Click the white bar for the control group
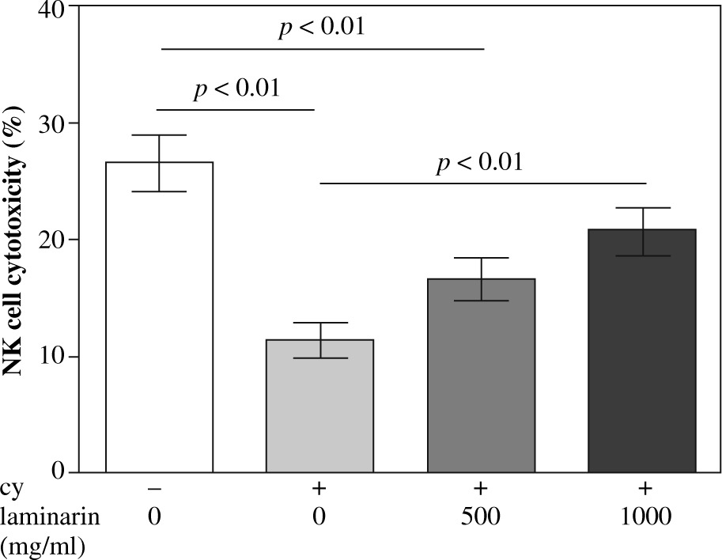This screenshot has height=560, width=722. (159, 316)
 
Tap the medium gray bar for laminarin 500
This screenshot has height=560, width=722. (481, 376)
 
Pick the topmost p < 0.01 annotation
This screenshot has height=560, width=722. (321, 28)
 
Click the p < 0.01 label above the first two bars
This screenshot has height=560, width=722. (236, 88)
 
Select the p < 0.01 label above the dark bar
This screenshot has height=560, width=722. (479, 164)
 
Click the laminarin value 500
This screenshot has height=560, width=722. (481, 518)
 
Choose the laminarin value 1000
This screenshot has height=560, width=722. (641, 518)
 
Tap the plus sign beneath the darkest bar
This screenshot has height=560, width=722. (641, 490)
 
